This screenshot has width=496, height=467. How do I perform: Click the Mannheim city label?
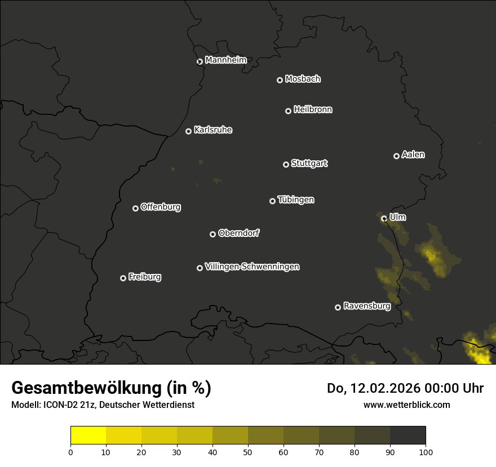click(x=225, y=60)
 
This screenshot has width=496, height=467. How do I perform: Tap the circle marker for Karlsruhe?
click(x=188, y=131)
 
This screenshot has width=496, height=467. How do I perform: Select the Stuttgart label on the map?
click(x=309, y=164)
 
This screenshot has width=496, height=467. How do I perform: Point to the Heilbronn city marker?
click(x=288, y=111)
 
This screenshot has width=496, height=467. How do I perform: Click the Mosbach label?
click(x=303, y=79)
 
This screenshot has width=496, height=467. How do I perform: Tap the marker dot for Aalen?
click(x=396, y=156)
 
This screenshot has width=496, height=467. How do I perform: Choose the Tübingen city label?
click(x=296, y=200)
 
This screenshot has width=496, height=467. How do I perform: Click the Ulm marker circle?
click(x=384, y=218)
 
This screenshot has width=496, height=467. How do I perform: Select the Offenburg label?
click(x=161, y=207)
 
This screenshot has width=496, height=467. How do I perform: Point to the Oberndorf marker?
click(x=212, y=234)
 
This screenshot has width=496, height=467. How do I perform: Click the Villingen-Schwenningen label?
click(x=252, y=267)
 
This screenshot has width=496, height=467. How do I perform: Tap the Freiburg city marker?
click(x=123, y=278)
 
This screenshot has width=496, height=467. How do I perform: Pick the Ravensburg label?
click(x=367, y=307)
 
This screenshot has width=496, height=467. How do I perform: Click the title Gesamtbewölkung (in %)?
click(x=111, y=388)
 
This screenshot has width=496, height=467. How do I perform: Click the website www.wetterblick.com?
click(x=406, y=405)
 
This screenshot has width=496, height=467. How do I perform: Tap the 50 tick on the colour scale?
click(x=248, y=452)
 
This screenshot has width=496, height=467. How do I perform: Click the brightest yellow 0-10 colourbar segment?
click(x=88, y=435)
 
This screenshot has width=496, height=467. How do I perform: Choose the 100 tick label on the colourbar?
click(x=425, y=452)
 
